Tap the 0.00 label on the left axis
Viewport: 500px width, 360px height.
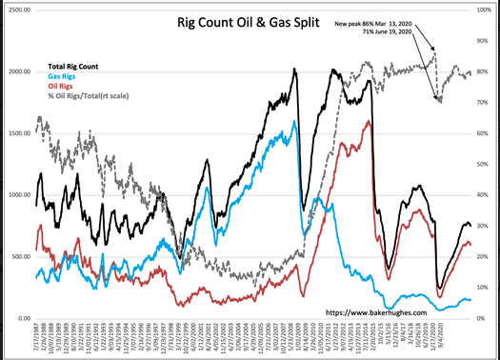21,319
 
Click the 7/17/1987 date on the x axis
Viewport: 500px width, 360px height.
37,338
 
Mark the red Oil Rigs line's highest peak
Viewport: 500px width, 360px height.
369,122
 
